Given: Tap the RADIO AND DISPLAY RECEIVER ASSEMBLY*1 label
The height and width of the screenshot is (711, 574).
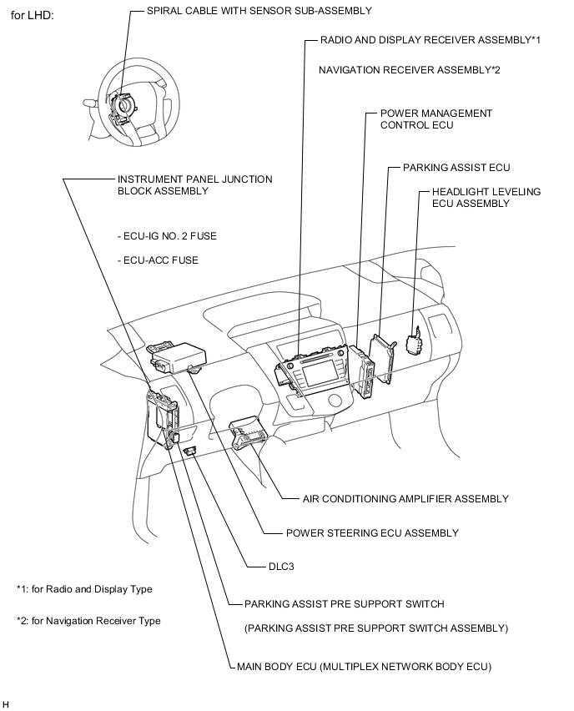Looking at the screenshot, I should click(x=430, y=40).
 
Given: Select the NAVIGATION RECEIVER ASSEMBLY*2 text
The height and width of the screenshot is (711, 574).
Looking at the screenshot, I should click(x=409, y=70).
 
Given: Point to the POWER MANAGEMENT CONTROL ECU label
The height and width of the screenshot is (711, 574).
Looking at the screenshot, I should click(x=436, y=118).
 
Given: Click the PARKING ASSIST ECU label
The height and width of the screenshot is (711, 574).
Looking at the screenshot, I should click(x=456, y=168).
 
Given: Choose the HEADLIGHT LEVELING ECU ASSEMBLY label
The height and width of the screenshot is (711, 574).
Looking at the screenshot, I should click(x=486, y=197).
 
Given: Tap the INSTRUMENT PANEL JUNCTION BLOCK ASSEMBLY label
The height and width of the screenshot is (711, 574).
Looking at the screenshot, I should click(x=194, y=184).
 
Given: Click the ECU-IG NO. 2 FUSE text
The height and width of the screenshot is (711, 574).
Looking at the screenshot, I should click(x=167, y=236).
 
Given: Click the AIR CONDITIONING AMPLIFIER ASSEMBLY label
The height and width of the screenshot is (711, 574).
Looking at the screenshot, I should click(x=405, y=499).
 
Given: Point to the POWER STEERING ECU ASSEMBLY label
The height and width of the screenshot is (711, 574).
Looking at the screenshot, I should click(x=371, y=533).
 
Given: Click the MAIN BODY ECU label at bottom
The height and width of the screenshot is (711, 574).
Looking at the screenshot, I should click(x=364, y=667).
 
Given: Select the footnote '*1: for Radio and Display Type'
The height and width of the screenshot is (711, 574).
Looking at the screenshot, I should click(x=84, y=589).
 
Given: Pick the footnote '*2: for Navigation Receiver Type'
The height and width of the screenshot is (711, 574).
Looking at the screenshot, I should click(x=88, y=621).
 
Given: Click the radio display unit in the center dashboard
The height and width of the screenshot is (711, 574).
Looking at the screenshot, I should click(x=317, y=371).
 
